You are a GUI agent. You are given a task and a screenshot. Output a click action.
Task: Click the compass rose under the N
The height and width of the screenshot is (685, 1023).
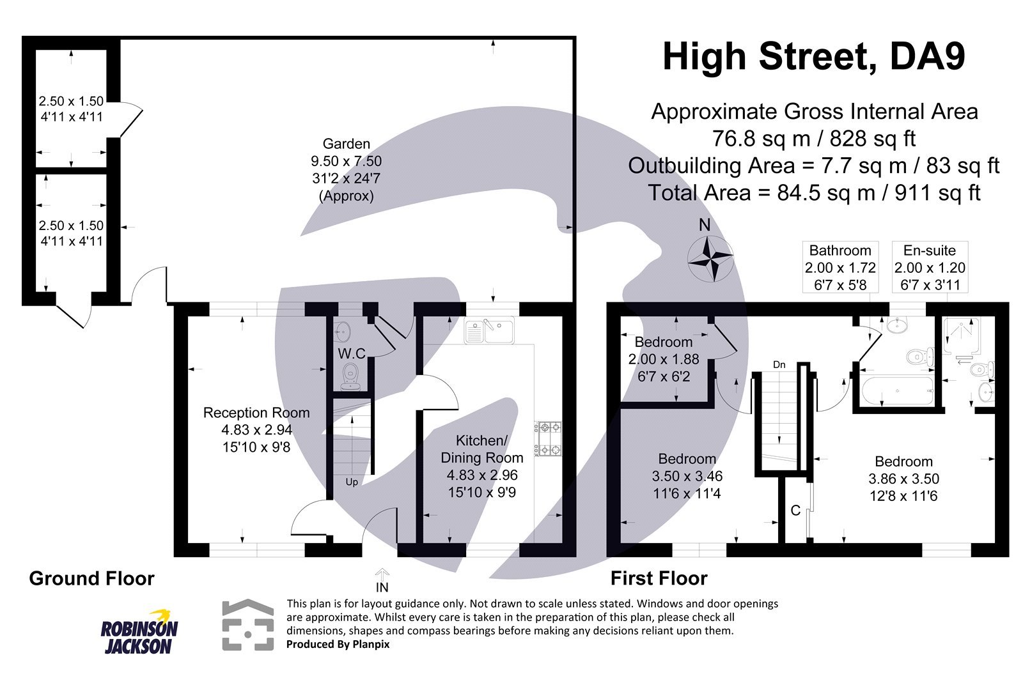[710, 259]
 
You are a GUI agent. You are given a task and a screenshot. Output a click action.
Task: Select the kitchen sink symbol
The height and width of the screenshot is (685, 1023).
[490, 331]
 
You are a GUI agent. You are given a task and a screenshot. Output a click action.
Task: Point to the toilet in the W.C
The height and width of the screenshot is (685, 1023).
[350, 376]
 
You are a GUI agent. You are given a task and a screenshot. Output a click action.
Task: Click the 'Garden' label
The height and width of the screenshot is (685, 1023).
[346, 144]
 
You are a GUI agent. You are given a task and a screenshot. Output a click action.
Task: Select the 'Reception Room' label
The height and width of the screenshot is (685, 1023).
[256, 413]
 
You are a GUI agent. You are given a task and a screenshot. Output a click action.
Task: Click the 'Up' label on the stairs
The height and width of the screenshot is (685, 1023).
[352, 482]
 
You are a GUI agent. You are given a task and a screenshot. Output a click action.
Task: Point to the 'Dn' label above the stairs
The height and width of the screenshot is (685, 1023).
[779, 365]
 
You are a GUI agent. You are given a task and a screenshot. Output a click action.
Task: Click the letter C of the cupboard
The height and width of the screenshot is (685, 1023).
[795, 511]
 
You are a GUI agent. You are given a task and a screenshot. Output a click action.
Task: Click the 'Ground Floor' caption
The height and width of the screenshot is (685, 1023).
[91, 578]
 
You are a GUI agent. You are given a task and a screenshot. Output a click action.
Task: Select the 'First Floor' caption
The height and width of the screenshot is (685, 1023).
[659, 578]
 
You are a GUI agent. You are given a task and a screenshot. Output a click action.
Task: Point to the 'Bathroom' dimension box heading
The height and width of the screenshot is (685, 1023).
[840, 250]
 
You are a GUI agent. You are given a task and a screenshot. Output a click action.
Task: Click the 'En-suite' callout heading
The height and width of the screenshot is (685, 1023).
[930, 250]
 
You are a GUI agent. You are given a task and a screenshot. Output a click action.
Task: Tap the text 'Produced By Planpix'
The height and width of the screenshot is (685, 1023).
[338, 644]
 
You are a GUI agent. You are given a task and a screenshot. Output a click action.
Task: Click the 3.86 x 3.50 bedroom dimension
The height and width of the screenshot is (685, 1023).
[903, 479]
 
